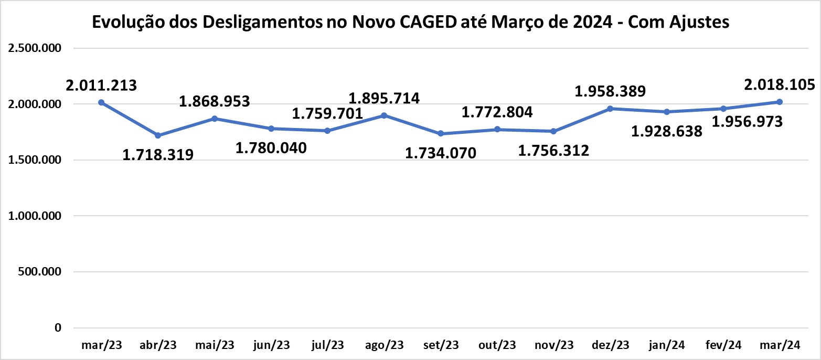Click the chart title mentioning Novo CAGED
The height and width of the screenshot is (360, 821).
click(x=411, y=22)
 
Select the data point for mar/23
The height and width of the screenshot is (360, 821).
click(x=101, y=102)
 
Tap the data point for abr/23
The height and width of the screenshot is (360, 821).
click(x=158, y=135)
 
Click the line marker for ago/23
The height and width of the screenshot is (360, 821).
click(x=384, y=115)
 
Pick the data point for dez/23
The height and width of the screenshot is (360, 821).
click(x=610, y=109)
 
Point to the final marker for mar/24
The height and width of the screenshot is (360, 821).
click(x=780, y=102)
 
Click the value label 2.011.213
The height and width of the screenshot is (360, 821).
click(x=102, y=85)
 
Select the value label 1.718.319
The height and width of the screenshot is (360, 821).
click(x=158, y=155)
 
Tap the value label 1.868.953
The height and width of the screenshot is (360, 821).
click(x=215, y=101)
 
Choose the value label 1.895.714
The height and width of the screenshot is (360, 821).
click(x=384, y=98)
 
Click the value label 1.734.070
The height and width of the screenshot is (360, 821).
click(x=441, y=153)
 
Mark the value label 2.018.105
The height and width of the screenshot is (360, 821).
click(x=780, y=84)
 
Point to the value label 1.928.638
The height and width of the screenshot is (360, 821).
click(x=667, y=131)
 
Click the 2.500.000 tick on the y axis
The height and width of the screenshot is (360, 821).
click(x=35, y=48)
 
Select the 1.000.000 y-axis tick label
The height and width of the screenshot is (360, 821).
click(x=35, y=216)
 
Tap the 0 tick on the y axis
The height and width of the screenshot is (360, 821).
click(x=58, y=327)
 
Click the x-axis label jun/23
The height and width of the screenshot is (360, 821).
click(x=271, y=345)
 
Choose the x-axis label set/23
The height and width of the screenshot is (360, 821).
click(x=441, y=345)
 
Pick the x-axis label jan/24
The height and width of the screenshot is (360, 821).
click(x=667, y=345)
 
